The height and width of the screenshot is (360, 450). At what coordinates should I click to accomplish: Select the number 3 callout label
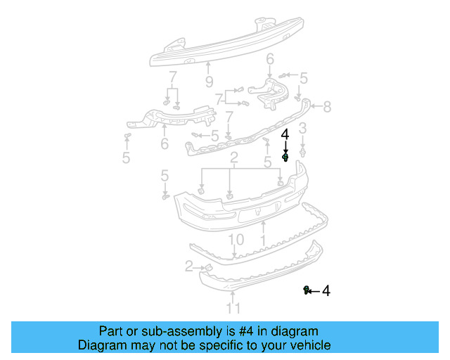pyautogui.click(x=302, y=128)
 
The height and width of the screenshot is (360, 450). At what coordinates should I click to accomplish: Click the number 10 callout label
pyautogui.click(x=236, y=240)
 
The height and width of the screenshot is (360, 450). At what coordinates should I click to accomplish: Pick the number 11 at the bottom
pyautogui.click(x=233, y=308)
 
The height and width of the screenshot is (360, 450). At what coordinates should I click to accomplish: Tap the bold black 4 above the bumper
pyautogui.click(x=285, y=134)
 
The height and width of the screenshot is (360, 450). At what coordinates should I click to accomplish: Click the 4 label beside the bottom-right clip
pyautogui.click(x=326, y=290)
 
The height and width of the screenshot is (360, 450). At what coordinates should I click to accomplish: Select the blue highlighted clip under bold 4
pyautogui.click(x=285, y=158)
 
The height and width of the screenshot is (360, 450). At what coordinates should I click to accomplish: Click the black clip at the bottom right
pyautogui.click(x=307, y=290)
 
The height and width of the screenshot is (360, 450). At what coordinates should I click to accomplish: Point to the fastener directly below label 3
pyautogui.click(x=302, y=150)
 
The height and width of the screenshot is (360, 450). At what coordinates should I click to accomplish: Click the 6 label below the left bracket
pyautogui.click(x=165, y=144)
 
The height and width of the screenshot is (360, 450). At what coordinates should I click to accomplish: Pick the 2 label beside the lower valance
pyautogui.click(x=188, y=266)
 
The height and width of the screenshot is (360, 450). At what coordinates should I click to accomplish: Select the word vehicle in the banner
pyautogui.click(x=309, y=345)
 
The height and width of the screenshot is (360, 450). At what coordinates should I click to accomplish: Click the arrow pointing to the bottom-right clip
pyautogui.click(x=315, y=290)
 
